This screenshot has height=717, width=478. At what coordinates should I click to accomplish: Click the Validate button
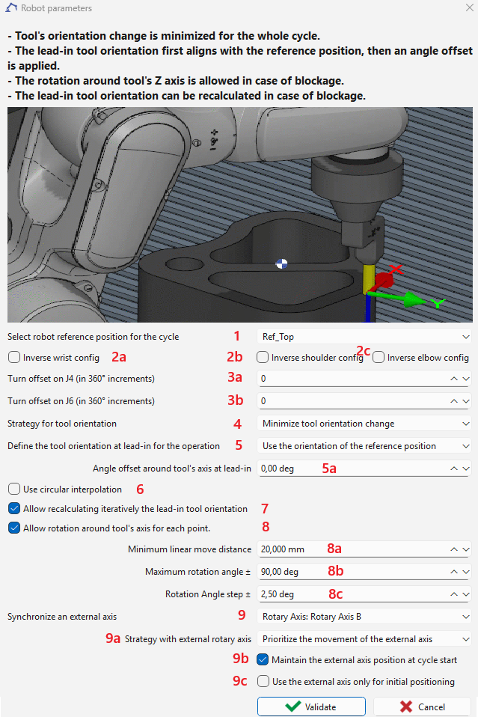click(311, 707)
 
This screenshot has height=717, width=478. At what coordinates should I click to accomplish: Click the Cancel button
click(422, 707)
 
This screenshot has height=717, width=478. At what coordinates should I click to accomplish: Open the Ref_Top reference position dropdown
click(364, 337)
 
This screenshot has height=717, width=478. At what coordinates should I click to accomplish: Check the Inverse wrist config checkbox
click(14, 358)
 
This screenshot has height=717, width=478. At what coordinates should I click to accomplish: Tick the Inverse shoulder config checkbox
click(263, 358)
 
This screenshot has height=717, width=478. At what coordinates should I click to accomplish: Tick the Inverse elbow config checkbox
click(379, 358)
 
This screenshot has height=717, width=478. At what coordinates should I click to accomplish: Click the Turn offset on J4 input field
click(352, 379)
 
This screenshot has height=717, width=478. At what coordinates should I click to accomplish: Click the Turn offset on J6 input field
click(352, 401)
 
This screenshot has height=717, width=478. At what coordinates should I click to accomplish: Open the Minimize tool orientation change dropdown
click(364, 424)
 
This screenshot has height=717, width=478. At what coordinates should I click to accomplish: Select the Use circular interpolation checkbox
click(14, 489)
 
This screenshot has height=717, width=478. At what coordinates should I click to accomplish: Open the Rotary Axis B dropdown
click(364, 617)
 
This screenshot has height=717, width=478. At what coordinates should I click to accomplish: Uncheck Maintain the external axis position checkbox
click(263, 660)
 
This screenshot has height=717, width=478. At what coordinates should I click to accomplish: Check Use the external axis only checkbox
click(263, 682)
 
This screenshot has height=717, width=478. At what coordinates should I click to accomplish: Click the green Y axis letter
click(438, 303)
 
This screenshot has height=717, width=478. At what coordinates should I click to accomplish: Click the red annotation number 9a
click(113, 639)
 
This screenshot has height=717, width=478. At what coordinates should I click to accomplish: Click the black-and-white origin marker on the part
click(281, 263)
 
